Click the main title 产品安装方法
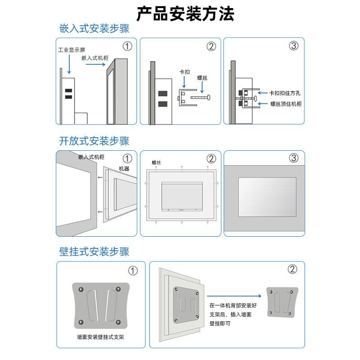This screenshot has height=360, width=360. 185,14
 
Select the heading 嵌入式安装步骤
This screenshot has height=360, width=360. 94,29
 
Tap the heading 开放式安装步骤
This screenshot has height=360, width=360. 94,141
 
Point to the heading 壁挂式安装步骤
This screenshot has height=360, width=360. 94,252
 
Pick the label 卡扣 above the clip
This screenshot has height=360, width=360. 184,72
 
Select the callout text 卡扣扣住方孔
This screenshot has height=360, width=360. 285,93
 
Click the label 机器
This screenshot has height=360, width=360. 124,168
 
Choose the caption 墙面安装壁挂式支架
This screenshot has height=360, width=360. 100,336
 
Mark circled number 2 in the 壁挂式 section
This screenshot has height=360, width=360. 292,269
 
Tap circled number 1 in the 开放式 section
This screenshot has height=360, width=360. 128,158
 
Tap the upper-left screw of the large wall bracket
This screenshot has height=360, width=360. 81,289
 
